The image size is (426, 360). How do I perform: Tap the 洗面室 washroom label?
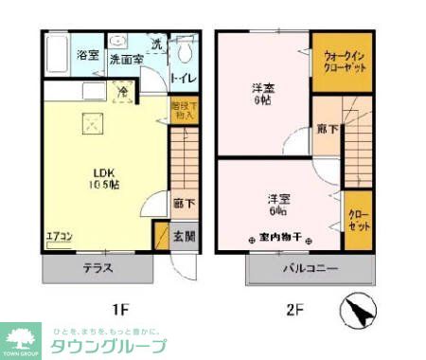coord(125,59)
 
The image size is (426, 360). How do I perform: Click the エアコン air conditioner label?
coord(59,236)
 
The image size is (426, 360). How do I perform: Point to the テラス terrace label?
coord(98,269)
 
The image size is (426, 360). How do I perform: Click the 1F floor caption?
coord(120,309)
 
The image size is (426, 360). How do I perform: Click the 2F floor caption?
coord(294,309)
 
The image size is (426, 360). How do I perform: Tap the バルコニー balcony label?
coord(310,269)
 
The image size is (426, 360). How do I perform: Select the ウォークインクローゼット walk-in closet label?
coord(343,63)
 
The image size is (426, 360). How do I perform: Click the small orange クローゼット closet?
coord(358,220)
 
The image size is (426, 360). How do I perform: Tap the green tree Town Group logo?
coord(20,339)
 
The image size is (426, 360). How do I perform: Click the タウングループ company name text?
coord(110,345)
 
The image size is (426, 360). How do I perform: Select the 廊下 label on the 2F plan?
coord(326,128)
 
